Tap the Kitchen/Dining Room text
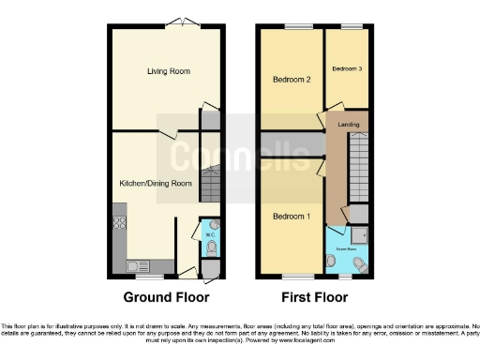tap(156, 183)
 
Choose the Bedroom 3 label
tap(346, 69)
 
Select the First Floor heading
tap(312, 297)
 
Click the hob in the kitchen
tap(119, 224)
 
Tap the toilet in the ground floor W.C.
tap(211, 247)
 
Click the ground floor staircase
tap(212, 178)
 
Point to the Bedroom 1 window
tap(298, 276)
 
